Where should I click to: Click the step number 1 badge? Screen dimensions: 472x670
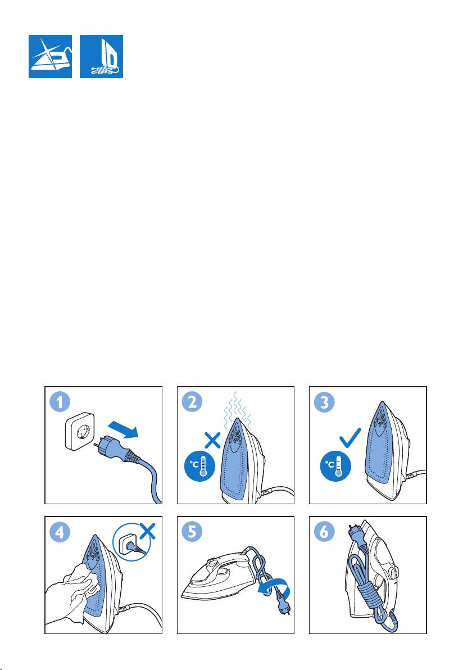[60, 402]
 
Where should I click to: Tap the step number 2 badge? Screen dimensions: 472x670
[193, 402]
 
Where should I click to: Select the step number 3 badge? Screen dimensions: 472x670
[324, 402]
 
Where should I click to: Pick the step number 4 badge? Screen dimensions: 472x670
[60, 532]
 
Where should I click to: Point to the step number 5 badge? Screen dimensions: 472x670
[193, 532]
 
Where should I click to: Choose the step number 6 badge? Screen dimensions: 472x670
[324, 532]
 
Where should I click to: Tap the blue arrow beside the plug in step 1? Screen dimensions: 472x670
[124, 428]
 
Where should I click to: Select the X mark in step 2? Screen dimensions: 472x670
[213, 439]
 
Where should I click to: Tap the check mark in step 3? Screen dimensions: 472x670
[350, 438]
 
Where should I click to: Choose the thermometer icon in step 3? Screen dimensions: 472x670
[336, 466]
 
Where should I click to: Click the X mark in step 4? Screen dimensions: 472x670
[148, 532]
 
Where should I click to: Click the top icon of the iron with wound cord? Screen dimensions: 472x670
[101, 56]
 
